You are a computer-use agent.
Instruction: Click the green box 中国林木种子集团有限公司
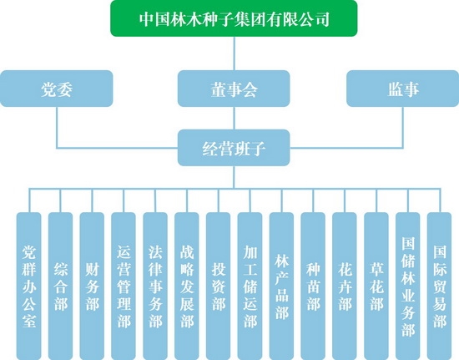pos(234,18)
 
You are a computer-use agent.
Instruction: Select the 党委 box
pos(57,89)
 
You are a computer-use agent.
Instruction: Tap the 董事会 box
pos(234,89)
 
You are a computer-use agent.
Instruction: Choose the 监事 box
pos(403,89)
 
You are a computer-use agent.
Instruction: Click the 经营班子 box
pos(234,148)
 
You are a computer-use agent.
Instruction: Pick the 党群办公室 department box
pos(28,286)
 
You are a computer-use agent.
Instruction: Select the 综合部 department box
pos(60,286)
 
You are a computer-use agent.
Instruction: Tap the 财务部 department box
pos(92,286)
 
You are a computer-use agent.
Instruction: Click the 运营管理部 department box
pos(124,286)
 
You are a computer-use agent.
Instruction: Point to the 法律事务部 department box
pos(155,286)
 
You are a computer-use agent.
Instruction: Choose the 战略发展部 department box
pos(187,286)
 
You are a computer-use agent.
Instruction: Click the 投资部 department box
pos(219,286)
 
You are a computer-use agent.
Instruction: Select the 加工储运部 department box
pos(250,286)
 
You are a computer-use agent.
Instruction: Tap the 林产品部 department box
pos(281,286)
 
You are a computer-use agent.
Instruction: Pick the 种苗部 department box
pos(313,286)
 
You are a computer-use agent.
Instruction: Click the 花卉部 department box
pos(345,286)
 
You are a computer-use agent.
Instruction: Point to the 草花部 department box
pos(376,286)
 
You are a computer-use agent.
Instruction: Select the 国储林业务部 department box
pos(408,286)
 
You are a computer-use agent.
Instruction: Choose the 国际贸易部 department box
pos(440,286)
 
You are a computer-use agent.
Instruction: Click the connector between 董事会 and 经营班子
pos(234,118)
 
